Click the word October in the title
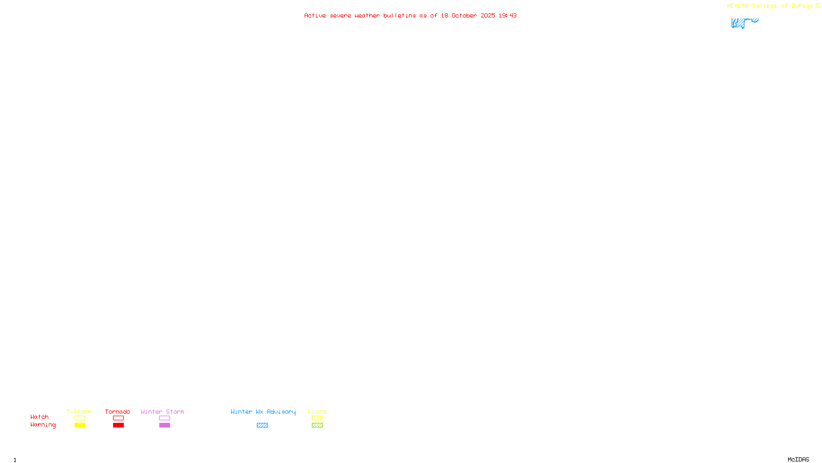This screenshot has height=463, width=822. click(x=464, y=15)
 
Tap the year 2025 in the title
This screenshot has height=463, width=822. click(x=488, y=15)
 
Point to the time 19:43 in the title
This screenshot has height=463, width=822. click(x=508, y=15)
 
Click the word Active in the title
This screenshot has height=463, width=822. click(x=314, y=15)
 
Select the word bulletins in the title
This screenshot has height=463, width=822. click(x=399, y=15)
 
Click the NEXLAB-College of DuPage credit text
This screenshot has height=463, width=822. click(x=770, y=6)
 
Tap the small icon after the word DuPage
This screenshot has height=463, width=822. click(x=817, y=6)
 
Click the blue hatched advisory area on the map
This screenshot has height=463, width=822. click(x=740, y=23)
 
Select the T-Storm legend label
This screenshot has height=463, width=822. click(x=79, y=412)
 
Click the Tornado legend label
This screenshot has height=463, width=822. click(x=118, y=412)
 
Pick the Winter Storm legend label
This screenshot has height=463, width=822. click(x=162, y=412)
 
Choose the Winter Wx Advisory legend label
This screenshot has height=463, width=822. click(x=263, y=412)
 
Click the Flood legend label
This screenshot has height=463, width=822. click(x=317, y=412)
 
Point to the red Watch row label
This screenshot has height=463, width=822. click(x=40, y=417)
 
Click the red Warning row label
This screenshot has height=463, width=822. click(x=43, y=425)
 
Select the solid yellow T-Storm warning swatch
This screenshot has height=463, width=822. click(x=80, y=425)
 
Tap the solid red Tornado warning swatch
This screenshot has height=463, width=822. click(x=118, y=425)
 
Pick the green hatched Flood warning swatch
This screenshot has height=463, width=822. click(x=317, y=425)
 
